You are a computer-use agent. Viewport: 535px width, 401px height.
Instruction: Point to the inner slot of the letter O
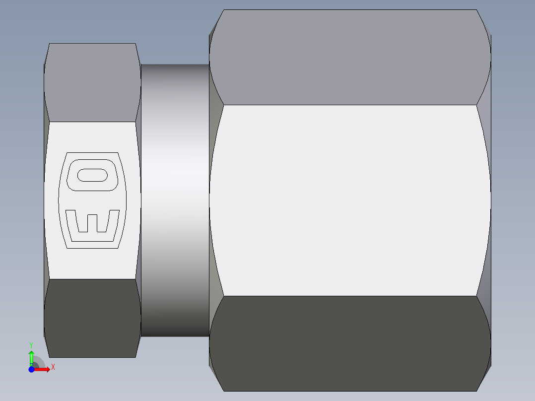pos(92,175)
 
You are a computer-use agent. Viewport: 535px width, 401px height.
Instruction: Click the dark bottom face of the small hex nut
pos(92,318)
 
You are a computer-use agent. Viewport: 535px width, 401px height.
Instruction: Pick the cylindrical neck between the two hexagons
pos(175,199)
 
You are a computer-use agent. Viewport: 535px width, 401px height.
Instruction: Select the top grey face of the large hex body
pos(350,57)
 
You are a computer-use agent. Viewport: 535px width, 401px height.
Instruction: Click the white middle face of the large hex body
pos(350,199)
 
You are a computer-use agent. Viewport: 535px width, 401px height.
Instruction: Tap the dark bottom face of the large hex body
pos(350,342)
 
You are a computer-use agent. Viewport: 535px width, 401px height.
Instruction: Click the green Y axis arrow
pos(31,356)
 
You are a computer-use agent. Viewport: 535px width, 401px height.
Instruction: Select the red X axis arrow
pos(44,369)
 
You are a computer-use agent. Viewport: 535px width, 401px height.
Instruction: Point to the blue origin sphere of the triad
pos(31,369)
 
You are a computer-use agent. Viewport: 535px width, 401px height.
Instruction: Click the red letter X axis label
pos(53,367)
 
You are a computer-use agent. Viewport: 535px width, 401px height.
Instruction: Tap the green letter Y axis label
pos(31,344)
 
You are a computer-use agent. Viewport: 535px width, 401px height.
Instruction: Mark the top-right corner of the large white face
pos(476,105)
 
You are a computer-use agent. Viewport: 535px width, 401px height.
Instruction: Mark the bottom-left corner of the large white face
pos(224,296)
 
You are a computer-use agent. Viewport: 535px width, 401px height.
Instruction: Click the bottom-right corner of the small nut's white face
pos(136,279)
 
